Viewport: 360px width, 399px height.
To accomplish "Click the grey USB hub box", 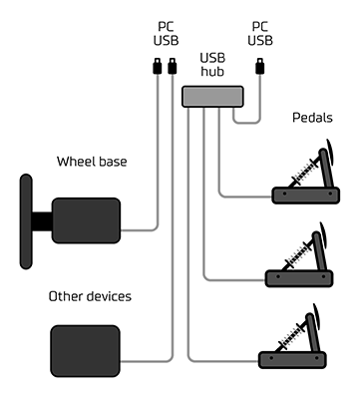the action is [212, 97].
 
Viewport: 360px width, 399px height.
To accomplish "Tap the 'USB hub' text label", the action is [212, 65].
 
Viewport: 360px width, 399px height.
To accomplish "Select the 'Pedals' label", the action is [312, 118].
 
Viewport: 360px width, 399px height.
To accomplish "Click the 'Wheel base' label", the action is [92, 162].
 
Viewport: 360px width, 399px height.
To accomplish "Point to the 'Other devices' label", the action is [90, 296].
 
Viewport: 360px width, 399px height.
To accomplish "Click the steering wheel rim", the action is [26, 221].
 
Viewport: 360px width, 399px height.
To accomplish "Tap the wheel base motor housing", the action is [86, 220].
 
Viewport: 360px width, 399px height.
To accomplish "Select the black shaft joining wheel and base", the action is [42, 221].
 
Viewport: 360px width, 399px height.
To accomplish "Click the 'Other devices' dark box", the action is [85, 351].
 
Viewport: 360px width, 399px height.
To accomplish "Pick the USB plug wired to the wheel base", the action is [157, 66].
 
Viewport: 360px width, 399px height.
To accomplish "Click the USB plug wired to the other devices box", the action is [173, 66].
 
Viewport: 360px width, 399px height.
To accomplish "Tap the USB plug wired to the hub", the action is [260, 66].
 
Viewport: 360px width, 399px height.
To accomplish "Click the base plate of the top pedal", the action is [306, 196].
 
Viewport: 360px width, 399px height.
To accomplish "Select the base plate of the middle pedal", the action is [299, 278].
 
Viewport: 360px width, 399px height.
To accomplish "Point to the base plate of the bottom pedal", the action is [292, 360].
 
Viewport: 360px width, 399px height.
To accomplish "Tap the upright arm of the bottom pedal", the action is [314, 332].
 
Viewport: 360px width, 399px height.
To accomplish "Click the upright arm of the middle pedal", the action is [321, 251].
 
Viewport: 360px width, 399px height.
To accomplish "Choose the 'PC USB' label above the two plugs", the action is [166, 34].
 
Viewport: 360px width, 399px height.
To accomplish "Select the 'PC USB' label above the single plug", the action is [260, 34].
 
